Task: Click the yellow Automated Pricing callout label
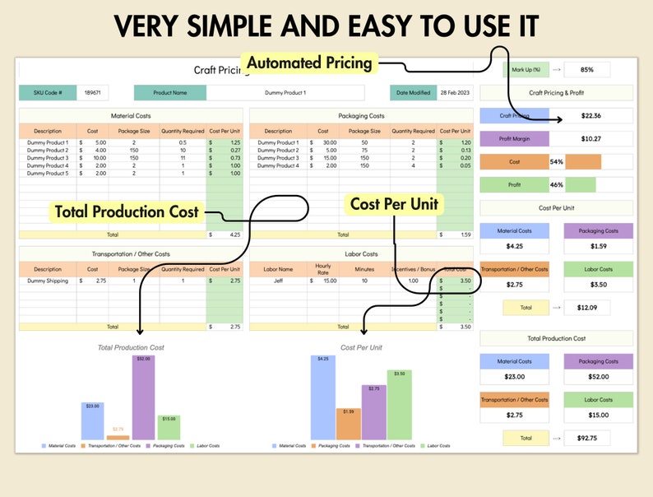(308, 63)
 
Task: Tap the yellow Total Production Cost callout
(127, 211)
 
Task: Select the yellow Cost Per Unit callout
(394, 204)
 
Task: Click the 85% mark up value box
(586, 70)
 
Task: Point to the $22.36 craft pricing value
(590, 116)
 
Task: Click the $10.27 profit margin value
(590, 139)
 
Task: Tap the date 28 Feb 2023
(453, 93)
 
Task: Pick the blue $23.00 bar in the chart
(92, 420)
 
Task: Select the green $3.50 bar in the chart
(399, 404)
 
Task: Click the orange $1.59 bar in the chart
(348, 423)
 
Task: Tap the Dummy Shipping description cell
(48, 281)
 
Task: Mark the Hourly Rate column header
(322, 269)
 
